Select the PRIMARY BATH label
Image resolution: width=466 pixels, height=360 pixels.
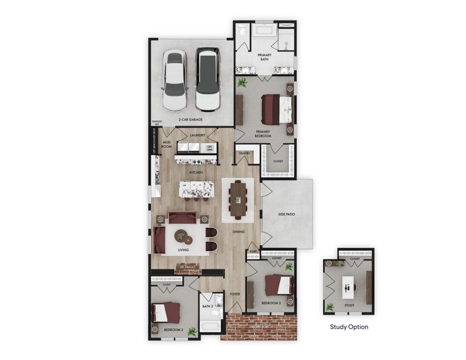point(265,58)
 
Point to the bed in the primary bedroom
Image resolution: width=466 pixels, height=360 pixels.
point(278,108)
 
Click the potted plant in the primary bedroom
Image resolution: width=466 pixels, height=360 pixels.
point(243,83)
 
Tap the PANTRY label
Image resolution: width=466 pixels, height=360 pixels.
point(244,153)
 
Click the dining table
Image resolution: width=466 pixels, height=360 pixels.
point(238,199)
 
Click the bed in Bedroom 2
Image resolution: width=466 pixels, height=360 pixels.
point(166,311)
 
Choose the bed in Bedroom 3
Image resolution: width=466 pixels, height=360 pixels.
point(279,284)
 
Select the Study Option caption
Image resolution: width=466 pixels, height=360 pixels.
point(349,327)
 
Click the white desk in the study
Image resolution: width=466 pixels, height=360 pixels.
point(348,287)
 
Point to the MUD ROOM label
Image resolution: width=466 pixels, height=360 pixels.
point(167,144)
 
